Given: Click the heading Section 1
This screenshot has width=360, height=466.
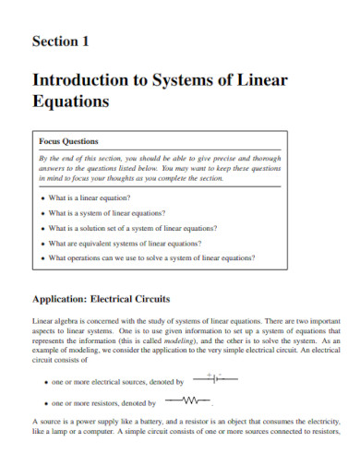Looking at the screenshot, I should (x=61, y=41).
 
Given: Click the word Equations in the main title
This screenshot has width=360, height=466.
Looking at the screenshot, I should (x=71, y=100).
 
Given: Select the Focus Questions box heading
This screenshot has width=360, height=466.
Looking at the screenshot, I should (x=68, y=141).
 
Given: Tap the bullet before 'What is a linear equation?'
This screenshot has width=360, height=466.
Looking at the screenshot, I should (x=44, y=198).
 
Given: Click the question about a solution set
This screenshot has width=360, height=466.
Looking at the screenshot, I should (x=133, y=228).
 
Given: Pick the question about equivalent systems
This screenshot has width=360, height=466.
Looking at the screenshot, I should (x=126, y=243).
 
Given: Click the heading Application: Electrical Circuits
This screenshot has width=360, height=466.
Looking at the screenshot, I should (x=102, y=298).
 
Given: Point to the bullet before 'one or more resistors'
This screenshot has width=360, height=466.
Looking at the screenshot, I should (x=45, y=403).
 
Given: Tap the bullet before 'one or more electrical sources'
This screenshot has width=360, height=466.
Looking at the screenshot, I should (x=45, y=381).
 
